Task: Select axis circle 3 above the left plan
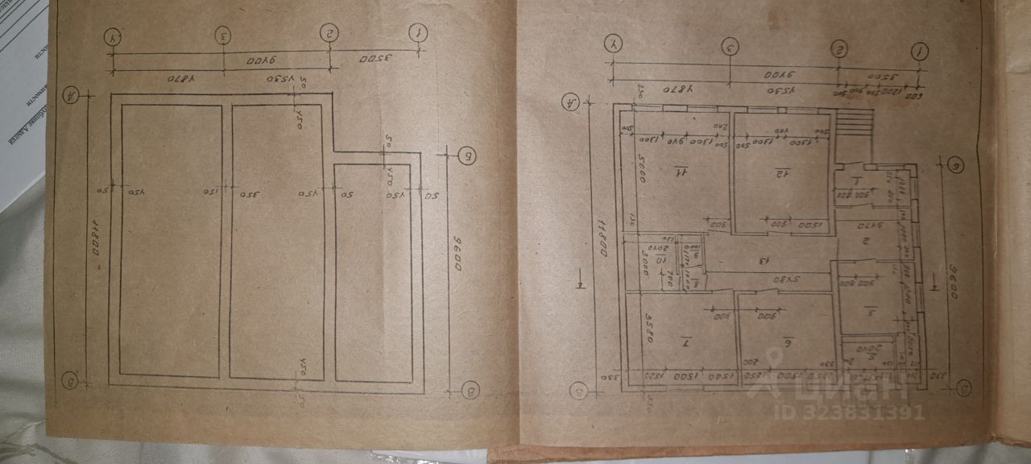(224, 35)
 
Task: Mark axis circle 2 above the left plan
(329, 32)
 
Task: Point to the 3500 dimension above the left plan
(375, 59)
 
